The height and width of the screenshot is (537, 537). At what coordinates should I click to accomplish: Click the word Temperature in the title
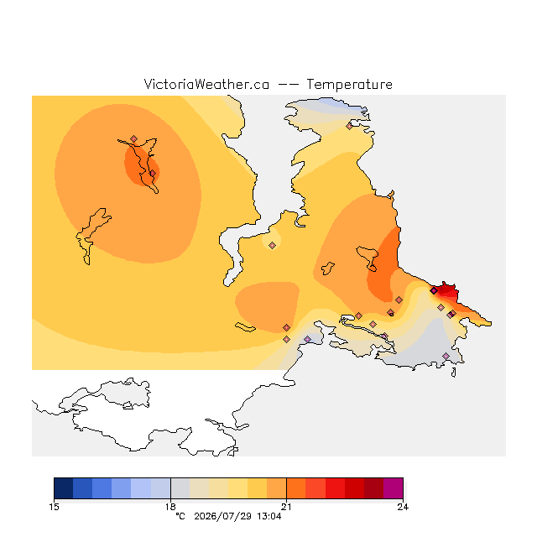[x=349, y=84]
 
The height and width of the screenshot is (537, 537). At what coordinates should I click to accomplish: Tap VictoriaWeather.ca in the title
[x=206, y=84]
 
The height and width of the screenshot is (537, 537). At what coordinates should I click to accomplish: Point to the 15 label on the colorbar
[x=54, y=507]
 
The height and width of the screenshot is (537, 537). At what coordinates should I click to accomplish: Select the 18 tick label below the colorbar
[x=170, y=507]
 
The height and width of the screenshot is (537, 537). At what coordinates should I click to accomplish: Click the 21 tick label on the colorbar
[x=286, y=507]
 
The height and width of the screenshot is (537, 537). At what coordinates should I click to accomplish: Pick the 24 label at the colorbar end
[x=403, y=507]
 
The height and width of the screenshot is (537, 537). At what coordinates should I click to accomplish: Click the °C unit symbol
[x=180, y=516]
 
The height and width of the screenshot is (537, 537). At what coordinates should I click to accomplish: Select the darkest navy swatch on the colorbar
[x=64, y=488]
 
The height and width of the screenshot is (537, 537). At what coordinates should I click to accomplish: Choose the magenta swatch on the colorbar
[x=394, y=488]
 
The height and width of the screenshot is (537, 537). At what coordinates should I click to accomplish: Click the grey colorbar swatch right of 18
[x=180, y=488]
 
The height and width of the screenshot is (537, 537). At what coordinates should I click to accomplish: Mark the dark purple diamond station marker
[x=434, y=291]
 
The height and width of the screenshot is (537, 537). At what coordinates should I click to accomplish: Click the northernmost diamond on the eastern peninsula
[x=349, y=127]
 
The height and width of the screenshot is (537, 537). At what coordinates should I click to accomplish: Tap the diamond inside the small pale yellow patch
[x=272, y=245]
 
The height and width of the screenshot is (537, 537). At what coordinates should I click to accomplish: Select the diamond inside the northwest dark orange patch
[x=153, y=174]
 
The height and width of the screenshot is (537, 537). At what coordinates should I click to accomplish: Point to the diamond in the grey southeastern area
[x=446, y=356]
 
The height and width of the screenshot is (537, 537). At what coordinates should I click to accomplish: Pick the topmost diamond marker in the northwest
[x=134, y=138]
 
